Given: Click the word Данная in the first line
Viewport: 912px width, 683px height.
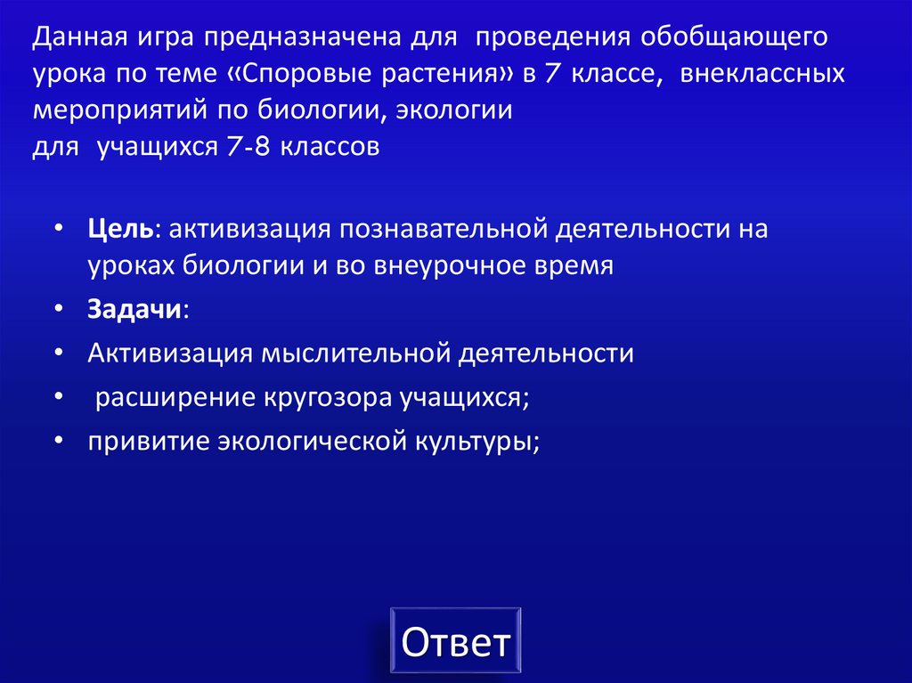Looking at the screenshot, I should (81, 39).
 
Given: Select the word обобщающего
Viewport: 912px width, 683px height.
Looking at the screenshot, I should (734, 39).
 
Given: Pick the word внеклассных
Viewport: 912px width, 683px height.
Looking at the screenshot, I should (763, 75).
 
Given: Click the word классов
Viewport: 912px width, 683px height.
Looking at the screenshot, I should (330, 146).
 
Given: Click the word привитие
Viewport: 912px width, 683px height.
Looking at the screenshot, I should (149, 441).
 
